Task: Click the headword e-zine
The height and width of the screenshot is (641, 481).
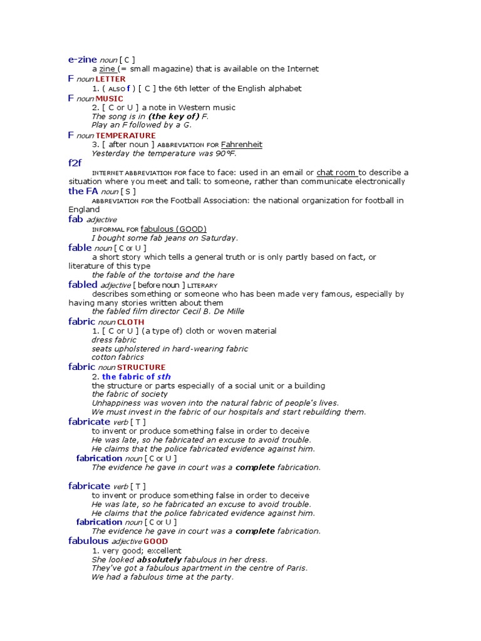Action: (82, 59)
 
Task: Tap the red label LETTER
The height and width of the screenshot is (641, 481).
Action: (110, 79)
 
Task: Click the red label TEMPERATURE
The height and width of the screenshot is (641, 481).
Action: (125, 136)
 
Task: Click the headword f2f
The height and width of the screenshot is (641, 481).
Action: (75, 163)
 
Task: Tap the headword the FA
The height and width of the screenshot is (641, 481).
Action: (83, 191)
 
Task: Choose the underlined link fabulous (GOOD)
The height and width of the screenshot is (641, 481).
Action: (173, 229)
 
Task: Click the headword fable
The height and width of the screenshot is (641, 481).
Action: (80, 248)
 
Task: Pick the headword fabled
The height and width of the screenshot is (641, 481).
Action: (83, 285)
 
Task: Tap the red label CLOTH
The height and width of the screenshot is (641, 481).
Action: (130, 322)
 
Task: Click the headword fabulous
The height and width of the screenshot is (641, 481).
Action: (88, 541)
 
